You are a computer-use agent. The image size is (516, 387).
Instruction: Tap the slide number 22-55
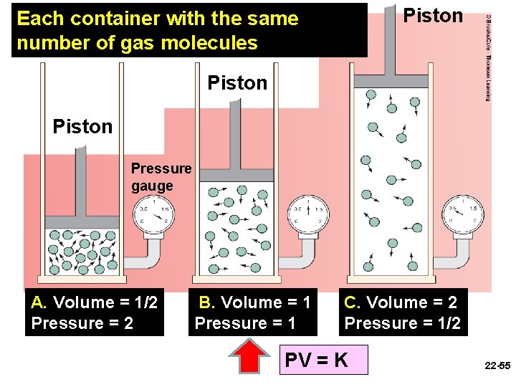pos(497,365)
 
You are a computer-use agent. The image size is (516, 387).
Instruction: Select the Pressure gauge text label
pos(161,177)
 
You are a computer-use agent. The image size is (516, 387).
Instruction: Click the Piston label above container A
pos(82,127)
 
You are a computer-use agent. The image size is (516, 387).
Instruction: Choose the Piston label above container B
pos(236,83)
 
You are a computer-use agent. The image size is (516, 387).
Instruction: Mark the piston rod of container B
pos(235,140)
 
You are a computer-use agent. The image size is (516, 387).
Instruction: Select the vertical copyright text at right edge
pos(488,57)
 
